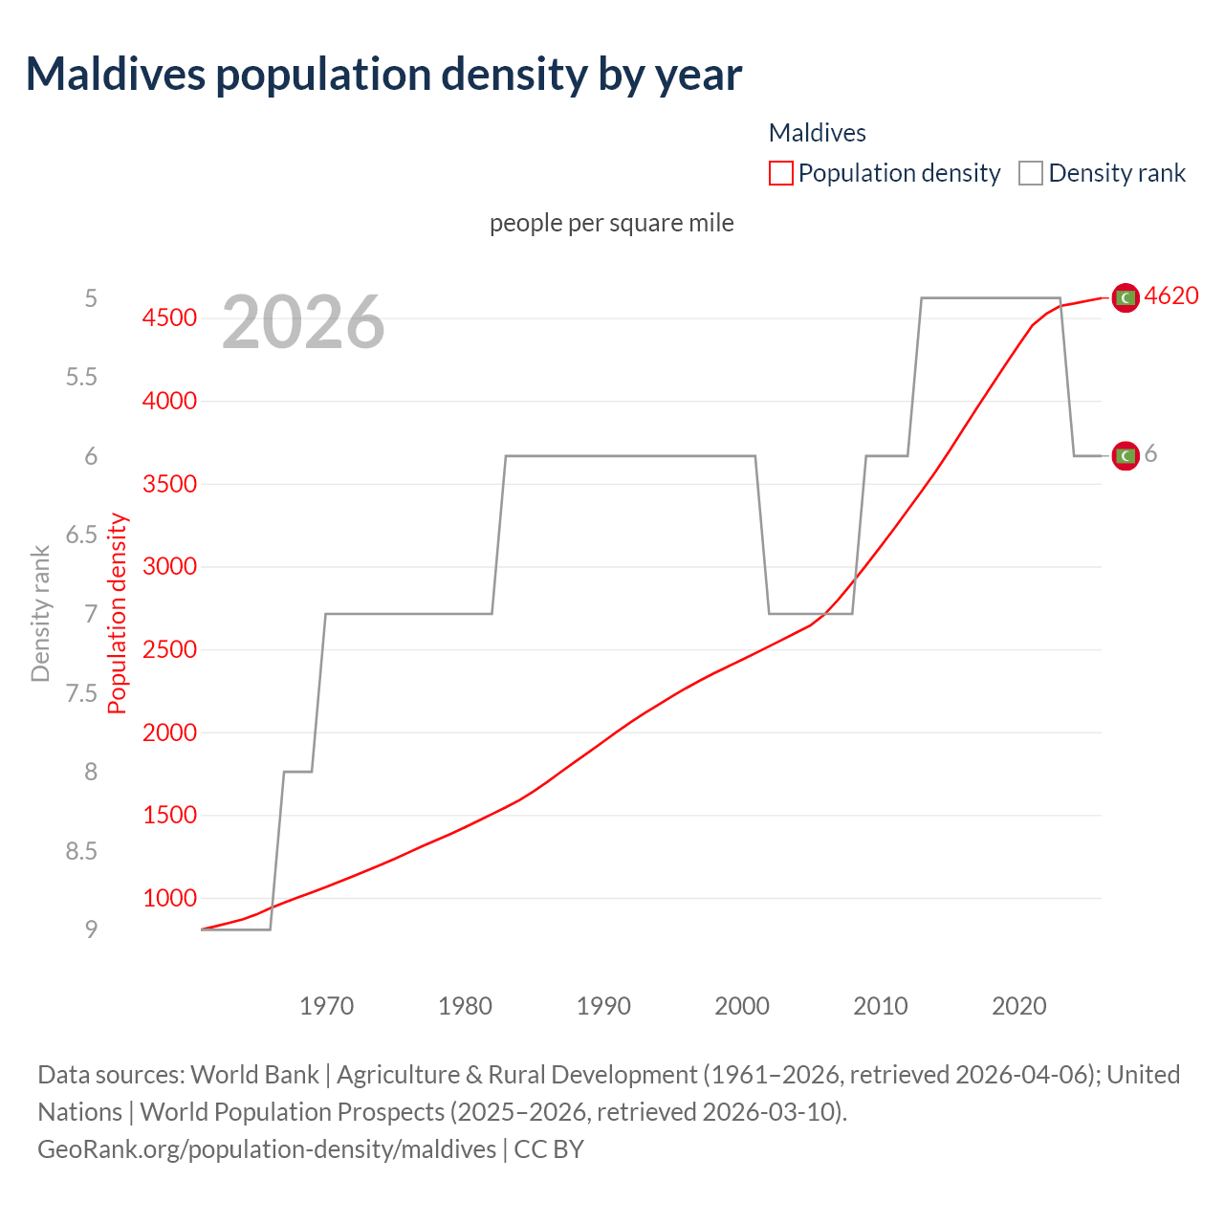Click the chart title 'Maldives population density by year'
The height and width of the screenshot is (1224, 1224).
pos(383,75)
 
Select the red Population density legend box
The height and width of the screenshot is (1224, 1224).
pos(780,173)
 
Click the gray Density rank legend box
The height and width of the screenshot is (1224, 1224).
pos(1030,173)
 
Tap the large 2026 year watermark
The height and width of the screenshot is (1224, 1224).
pos(303,322)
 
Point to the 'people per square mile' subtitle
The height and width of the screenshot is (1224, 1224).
pos(612,223)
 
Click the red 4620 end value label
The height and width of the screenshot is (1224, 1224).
pos(1170,295)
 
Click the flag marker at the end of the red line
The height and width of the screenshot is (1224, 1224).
pos(1126,298)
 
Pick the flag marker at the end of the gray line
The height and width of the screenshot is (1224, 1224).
pos(1126,456)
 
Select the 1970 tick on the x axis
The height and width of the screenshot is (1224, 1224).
pos(326,1006)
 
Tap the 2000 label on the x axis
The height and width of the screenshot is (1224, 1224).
pos(742,1006)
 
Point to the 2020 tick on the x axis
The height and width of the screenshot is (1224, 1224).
pos(1018,1006)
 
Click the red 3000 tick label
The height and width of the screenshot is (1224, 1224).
pos(169,566)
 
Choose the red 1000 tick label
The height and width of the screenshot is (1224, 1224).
pos(169,898)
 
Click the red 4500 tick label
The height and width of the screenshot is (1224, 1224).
pos(169,317)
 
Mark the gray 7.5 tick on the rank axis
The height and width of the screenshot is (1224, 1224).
pos(81,693)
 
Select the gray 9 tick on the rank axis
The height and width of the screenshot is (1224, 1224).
pos(91,929)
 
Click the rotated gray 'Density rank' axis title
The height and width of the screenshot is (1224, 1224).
pos(40,614)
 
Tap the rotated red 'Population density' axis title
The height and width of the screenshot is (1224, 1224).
pos(117,614)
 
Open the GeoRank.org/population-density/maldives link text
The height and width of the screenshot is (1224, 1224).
pos(267,1148)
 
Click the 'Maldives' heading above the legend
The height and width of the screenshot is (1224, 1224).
pos(817,133)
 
